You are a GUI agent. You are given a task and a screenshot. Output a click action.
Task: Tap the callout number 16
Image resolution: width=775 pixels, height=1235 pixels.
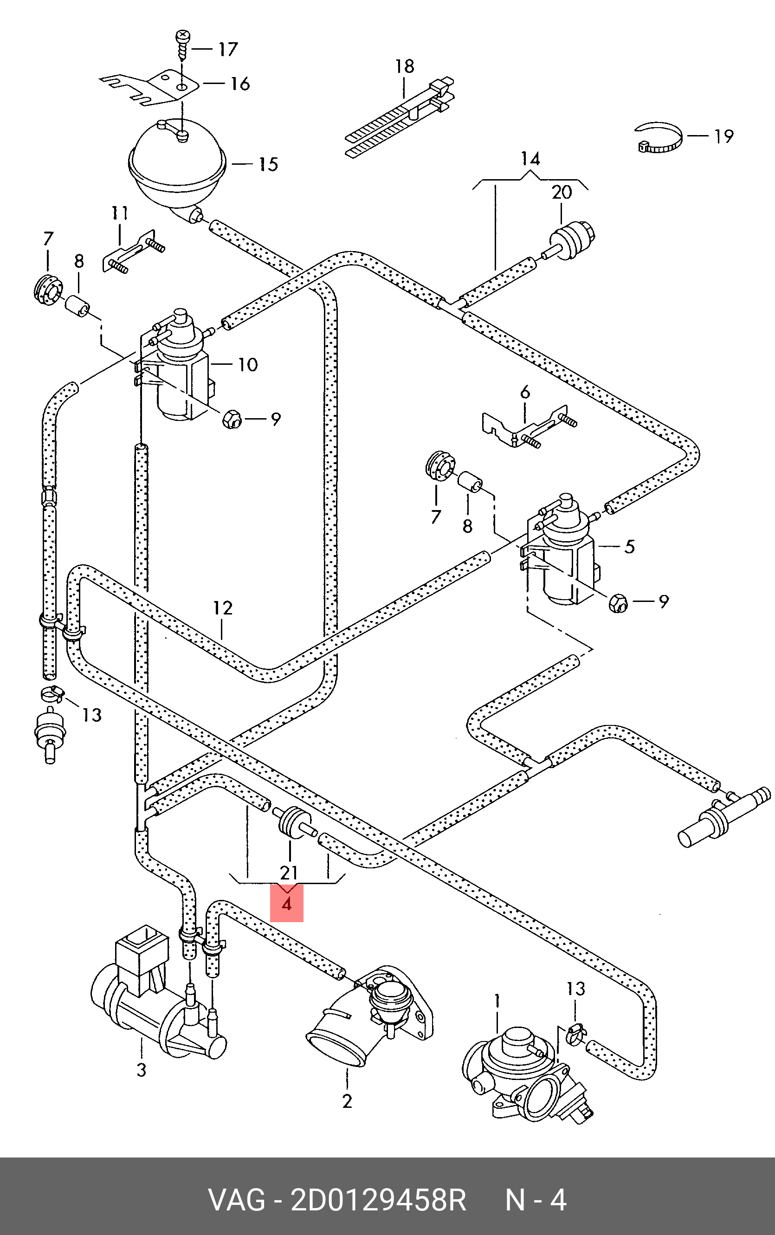coord(240,84)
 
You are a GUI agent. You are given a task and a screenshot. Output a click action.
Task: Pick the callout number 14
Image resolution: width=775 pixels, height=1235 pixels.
coord(530,159)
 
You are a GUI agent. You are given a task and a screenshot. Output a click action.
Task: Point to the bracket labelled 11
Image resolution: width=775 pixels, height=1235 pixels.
coord(132,252)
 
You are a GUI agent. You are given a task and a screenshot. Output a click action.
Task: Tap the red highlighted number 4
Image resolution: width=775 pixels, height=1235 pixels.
coord(286,904)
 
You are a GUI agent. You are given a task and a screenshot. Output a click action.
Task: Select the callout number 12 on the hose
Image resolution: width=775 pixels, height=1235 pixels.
coord(223,608)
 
